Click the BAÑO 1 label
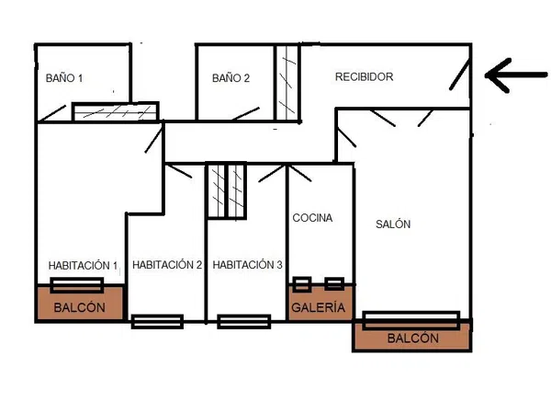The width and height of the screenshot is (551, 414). tap(64, 78)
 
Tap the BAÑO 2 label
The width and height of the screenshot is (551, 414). tap(231, 78)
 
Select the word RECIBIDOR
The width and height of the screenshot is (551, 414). tap(364, 76)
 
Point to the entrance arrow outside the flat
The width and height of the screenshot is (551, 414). tap(516, 75)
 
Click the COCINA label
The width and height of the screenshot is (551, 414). tap(312, 218)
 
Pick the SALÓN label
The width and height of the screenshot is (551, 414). tap(393, 224)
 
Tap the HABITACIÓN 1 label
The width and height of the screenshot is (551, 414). tap(83, 266)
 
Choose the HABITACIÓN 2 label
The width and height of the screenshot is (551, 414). tap(167, 265)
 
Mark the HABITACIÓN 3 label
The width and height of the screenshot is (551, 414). tap(247, 265)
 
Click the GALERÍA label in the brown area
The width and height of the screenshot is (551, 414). tap(319, 307)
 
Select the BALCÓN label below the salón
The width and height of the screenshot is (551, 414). tap(413, 339)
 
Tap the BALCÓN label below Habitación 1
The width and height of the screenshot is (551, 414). tap(79, 307)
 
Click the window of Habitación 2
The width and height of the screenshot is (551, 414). tap(157, 321)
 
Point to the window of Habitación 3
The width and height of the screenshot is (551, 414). tap(244, 321)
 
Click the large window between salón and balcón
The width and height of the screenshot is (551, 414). tap(411, 320)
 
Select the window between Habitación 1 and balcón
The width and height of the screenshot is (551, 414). tap(76, 285)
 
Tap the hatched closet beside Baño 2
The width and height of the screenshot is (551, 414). tap(287, 83)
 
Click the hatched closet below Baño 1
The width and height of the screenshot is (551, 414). tap(116, 111)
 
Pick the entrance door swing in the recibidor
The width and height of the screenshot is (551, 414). tap(460, 75)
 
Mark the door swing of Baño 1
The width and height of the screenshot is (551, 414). tap(52, 113)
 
